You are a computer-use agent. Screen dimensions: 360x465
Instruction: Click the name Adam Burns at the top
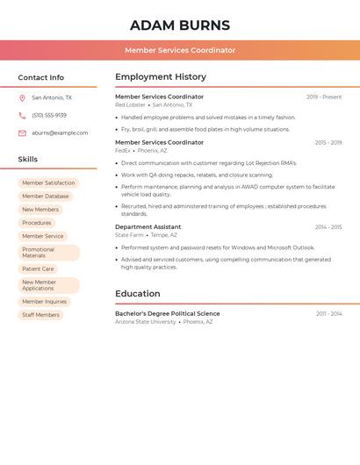[180, 25]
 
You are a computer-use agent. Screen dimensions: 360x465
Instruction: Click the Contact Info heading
[40, 77]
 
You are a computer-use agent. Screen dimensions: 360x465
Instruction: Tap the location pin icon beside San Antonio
[22, 98]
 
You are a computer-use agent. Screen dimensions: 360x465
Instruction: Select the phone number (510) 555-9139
[49, 115]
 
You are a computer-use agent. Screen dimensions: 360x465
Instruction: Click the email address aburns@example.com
[60, 132]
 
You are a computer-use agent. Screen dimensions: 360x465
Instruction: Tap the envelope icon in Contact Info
[22, 132]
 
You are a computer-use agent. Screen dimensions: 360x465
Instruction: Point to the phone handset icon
[22, 115]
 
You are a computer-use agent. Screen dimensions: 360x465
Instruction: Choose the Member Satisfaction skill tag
[48, 182]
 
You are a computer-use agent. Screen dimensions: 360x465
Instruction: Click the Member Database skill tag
[45, 197]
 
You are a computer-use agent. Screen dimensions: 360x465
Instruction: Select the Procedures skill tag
[37, 223]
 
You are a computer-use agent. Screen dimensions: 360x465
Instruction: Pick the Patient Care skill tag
[38, 268]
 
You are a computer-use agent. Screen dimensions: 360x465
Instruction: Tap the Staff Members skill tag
[40, 314]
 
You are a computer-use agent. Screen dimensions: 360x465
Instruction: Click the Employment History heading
[161, 77]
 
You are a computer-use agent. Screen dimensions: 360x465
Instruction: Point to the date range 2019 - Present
[324, 97]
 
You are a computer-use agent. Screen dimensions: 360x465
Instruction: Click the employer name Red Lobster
[130, 104]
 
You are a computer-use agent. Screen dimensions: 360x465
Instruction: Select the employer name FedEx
[122, 150]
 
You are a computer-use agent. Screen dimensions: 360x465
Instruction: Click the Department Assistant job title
[148, 226]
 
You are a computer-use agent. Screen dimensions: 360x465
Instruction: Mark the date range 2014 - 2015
[328, 226]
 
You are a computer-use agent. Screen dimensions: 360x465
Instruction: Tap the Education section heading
[138, 294]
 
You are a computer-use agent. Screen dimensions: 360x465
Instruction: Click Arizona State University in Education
[145, 322]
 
